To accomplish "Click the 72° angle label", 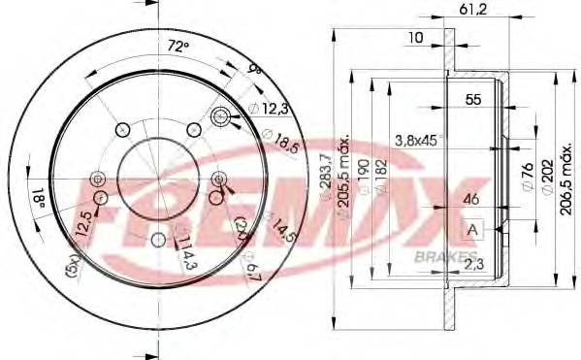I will pyautogui.click(x=175, y=45).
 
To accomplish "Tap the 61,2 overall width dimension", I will pyautogui.click(x=470, y=12).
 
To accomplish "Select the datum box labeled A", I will pyautogui.click(x=472, y=229).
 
